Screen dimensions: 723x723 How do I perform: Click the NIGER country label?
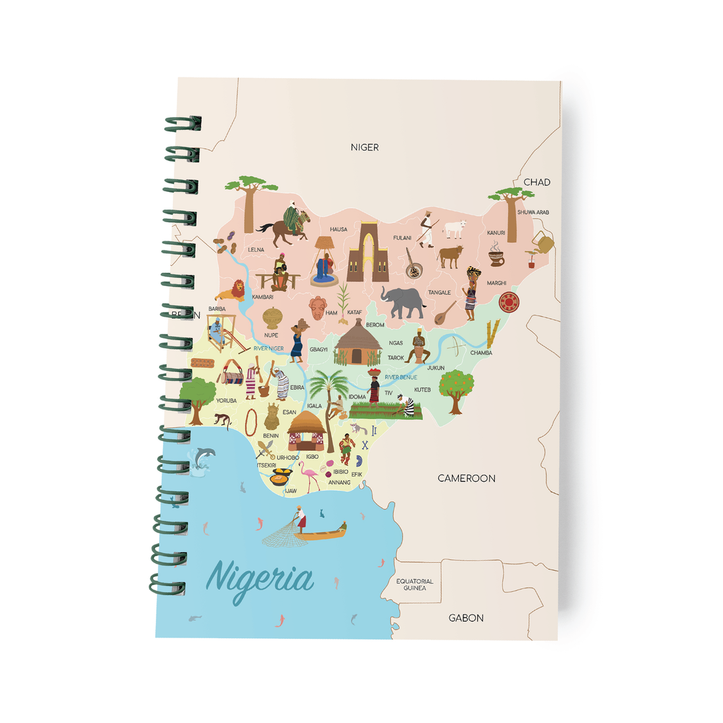365,147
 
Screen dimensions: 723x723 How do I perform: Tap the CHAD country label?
536,182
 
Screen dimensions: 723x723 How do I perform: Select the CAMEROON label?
467,478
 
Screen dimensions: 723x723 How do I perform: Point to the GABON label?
466,618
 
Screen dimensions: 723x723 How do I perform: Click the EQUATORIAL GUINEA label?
415,584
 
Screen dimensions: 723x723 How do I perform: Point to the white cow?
455,229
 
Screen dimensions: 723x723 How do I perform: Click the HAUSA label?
338,229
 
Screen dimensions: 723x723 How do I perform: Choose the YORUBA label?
226,400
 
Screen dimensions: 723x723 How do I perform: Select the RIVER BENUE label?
401,377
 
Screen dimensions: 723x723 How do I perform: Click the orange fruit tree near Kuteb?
455,388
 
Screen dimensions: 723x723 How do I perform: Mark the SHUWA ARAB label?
532,212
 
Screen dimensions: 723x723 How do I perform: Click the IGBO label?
312,456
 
